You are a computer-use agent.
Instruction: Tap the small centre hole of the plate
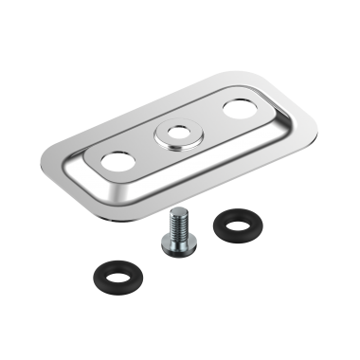click(176, 135)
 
